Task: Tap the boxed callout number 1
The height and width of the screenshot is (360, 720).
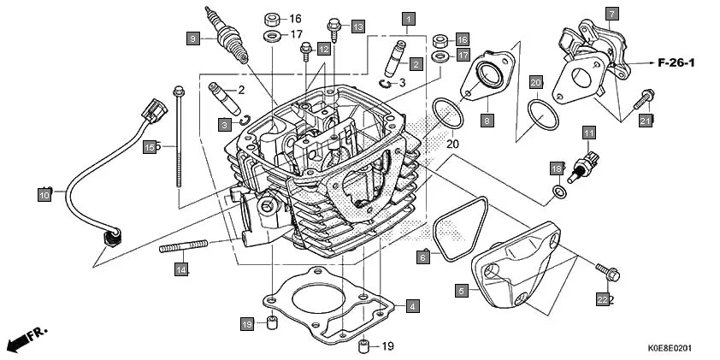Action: [x=409, y=18]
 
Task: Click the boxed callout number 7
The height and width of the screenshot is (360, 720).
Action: [x=611, y=13]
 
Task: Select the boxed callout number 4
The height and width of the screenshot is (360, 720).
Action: [x=412, y=305]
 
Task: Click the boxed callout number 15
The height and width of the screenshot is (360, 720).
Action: [x=150, y=147]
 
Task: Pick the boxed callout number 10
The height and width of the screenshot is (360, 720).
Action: [x=44, y=195]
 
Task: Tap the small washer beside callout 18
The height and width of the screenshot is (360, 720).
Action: [x=558, y=192]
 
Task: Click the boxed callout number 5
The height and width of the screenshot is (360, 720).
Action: [x=461, y=291]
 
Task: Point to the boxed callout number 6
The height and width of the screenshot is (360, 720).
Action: [x=422, y=257]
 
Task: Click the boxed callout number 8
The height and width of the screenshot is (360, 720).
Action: [x=487, y=121]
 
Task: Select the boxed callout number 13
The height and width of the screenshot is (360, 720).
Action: [x=357, y=27]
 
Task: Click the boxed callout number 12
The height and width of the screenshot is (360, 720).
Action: [x=323, y=50]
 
